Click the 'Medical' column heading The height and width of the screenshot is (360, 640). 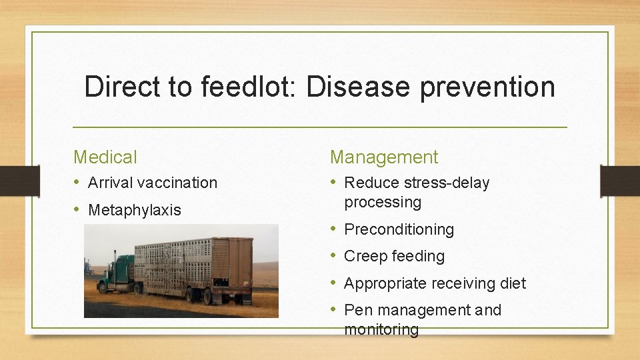(x=105, y=157)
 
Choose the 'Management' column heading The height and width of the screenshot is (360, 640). (x=384, y=157)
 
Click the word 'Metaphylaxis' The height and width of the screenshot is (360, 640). (x=134, y=210)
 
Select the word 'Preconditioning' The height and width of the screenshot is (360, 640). (x=399, y=229)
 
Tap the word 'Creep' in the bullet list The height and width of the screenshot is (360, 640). (x=365, y=256)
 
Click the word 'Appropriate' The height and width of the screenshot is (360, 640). (x=385, y=283)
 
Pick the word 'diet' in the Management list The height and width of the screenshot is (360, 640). (x=513, y=283)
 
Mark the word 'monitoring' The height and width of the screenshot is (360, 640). (x=381, y=329)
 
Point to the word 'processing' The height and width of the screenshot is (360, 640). (x=383, y=202)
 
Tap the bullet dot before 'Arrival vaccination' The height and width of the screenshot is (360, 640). (x=78, y=183)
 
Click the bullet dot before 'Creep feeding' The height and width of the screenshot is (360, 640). (x=335, y=256)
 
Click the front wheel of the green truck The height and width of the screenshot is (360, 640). (x=103, y=288)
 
